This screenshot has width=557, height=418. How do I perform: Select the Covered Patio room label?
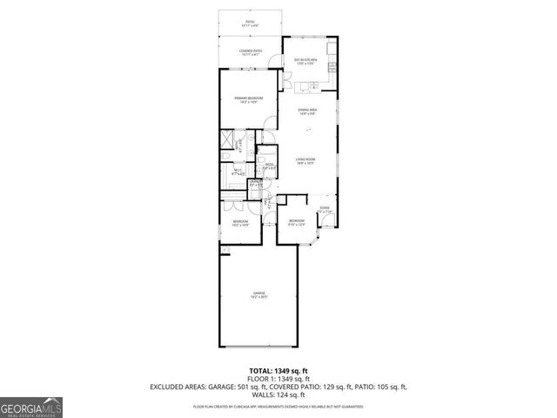click(249, 51)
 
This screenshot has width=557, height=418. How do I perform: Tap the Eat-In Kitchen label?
click(305, 60)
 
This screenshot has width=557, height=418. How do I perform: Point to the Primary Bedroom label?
click(248, 99)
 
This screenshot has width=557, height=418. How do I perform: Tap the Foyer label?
click(324, 209)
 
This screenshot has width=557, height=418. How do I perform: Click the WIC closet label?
click(236, 172)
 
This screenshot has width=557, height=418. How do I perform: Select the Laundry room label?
click(255, 183)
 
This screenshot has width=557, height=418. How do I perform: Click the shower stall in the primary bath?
click(228, 139)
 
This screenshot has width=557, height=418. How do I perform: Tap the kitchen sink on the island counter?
click(308, 86)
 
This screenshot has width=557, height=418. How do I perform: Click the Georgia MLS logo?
click(30, 406)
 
